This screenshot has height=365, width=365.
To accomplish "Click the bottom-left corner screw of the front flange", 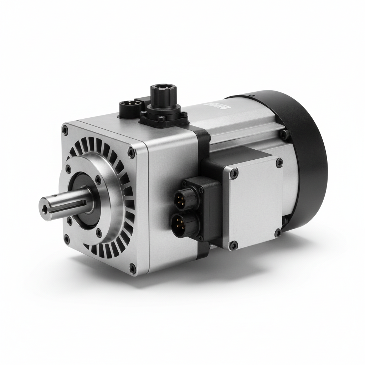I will pos(67,238).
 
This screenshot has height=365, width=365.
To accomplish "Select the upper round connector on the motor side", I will pos(181,200).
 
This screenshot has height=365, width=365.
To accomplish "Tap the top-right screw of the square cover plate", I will pos(279,162).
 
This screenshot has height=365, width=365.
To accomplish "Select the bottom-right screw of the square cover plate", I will pos(278,233).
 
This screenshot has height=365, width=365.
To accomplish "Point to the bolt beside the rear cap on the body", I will pos(284,134).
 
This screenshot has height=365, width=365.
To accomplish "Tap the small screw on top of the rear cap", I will pos(252,96).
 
